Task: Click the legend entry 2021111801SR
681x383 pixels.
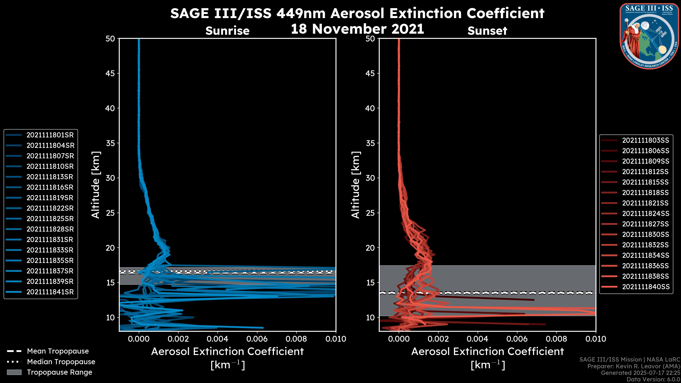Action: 50,135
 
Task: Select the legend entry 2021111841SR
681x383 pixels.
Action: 50,292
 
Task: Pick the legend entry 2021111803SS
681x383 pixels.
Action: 645,140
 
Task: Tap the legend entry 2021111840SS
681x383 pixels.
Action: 645,287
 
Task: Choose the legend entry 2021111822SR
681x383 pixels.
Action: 50,208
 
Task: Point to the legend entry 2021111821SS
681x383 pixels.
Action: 645,203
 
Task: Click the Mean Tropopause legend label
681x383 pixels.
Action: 58,351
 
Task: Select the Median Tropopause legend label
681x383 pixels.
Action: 61,362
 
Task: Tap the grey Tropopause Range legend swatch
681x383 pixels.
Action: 14,372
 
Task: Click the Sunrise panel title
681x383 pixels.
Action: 227,31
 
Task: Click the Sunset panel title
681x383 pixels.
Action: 487,31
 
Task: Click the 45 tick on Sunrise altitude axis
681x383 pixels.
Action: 110,73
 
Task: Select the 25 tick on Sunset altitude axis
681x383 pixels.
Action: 370,213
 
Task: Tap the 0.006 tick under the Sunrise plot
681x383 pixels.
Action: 257,339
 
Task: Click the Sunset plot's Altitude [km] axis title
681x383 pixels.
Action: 356,185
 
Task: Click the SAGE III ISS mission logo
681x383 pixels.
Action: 649,36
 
